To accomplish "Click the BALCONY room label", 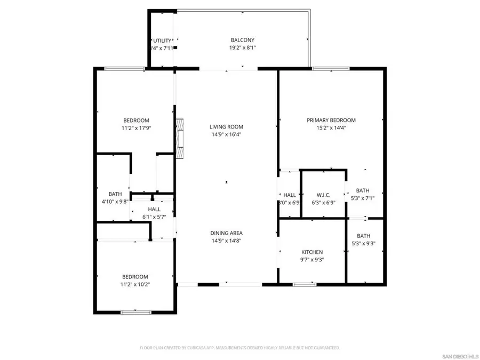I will [x=242, y=40].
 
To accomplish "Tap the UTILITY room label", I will [x=162, y=41].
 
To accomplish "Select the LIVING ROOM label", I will [x=226, y=127].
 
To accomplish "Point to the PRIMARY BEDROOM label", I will [x=331, y=121].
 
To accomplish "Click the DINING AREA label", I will [x=226, y=233].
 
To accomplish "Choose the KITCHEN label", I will [x=312, y=252].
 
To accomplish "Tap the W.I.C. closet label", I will [x=324, y=195].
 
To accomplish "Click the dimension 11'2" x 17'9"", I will [x=136, y=128].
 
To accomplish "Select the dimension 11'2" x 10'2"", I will [x=135, y=284].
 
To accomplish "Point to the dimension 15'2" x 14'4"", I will [x=331, y=128].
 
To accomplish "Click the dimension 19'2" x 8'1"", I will [x=242, y=47].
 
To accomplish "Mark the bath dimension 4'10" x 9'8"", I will [x=115, y=202].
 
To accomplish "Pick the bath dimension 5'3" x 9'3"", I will [x=363, y=243].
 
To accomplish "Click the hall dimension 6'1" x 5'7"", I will [x=154, y=217].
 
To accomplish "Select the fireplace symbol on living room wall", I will [x=181, y=138].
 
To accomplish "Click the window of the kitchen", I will [x=305, y=284].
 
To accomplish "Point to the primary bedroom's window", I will [x=331, y=68].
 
